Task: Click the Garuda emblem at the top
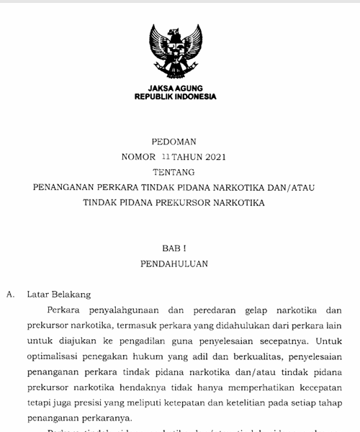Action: click(176, 52)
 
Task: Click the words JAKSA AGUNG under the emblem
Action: click(175, 89)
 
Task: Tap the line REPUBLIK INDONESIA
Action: click(175, 96)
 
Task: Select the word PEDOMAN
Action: click(174, 142)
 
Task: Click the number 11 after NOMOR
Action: click(167, 156)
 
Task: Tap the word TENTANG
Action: click(174, 172)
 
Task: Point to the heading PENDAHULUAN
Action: click(174, 264)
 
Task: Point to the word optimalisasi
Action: click(53, 356)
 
